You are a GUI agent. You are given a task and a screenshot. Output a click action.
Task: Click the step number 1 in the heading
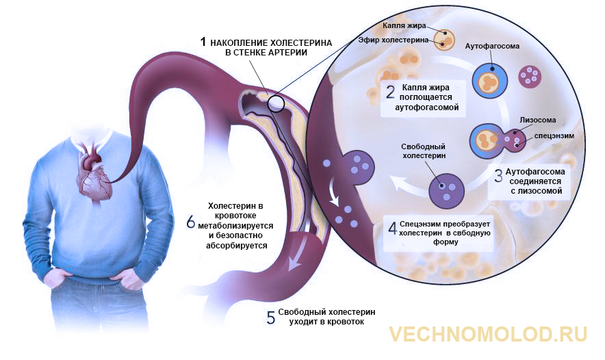tap(203, 42)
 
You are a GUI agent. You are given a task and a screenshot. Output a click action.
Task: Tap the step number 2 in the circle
tap(391, 92)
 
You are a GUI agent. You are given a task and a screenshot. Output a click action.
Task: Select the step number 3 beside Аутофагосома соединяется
tap(498, 176)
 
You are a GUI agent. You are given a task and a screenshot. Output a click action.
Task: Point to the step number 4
tap(392, 229)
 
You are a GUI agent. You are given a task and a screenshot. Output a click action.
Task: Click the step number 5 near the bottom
tap(271, 317)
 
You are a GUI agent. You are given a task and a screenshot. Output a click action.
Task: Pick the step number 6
tap(191, 222)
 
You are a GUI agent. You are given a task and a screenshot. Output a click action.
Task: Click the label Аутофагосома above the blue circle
tap(492, 46)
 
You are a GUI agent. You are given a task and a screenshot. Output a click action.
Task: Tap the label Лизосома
tap(537, 120)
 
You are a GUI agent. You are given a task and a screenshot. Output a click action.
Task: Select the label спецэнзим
tap(554, 136)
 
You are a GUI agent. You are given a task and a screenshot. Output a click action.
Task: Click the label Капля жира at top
tap(404, 25)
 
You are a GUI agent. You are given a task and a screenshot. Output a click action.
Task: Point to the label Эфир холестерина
tap(393, 40)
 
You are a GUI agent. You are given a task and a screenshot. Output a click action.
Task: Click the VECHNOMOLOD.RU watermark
tap(488, 334)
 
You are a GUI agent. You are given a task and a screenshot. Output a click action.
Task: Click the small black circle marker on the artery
tap(276, 103)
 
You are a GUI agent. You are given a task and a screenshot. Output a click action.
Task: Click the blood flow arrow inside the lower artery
tap(298, 253)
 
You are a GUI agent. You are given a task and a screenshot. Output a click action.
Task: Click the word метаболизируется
tap(235, 225)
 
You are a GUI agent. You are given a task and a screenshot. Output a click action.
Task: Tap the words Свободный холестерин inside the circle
tap(423, 151)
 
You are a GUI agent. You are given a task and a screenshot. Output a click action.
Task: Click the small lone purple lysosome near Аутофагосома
tap(530, 76)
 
